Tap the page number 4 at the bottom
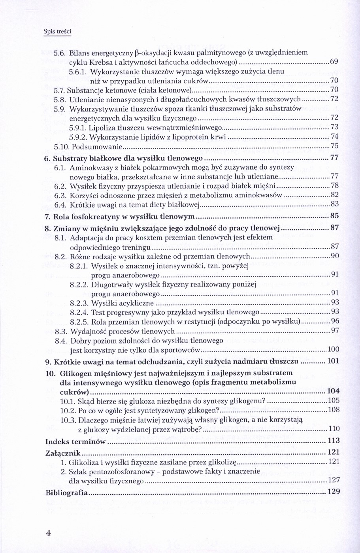[49, 532]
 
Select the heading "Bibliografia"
[66, 493]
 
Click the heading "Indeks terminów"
[75, 441]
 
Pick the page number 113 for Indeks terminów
[334, 441]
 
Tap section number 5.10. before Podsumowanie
[61, 146]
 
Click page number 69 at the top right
[334, 62]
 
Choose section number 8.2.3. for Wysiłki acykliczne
[79, 304]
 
